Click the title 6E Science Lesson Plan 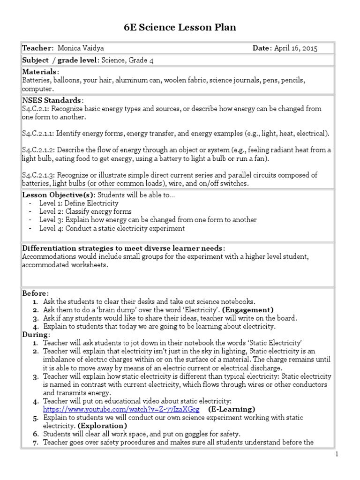(180, 28)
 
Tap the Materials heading (41, 72)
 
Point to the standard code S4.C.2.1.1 (38, 134)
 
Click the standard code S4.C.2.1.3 (38, 175)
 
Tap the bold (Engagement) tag (247, 310)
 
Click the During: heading (36, 335)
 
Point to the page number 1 (336, 454)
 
